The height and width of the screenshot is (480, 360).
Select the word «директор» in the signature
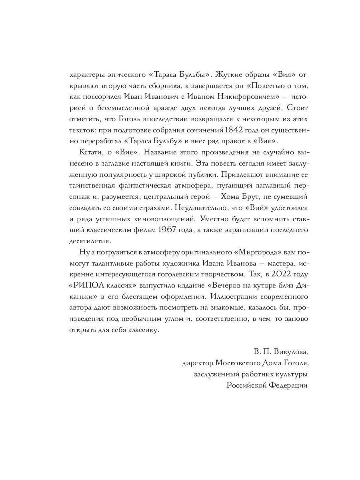click(197, 363)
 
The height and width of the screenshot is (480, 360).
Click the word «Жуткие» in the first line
click(229, 75)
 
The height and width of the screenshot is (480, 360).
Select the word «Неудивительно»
click(188, 208)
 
